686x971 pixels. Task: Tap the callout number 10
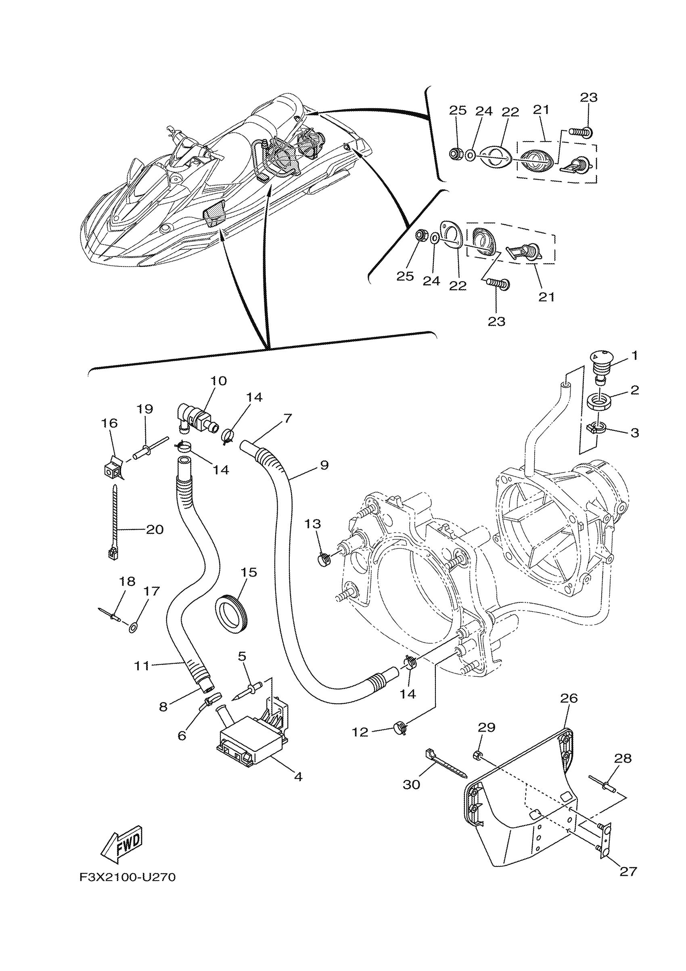pos(219,381)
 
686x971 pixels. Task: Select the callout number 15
pos(249,573)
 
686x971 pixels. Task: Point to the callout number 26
pos(569,698)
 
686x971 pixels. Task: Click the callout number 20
pos(155,529)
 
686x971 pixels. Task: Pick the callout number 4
pos(298,777)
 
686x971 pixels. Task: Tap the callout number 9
pos(324,465)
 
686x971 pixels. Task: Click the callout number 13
pos(313,524)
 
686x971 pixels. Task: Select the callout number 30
pos(411,784)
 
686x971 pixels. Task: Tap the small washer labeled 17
pos(133,626)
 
